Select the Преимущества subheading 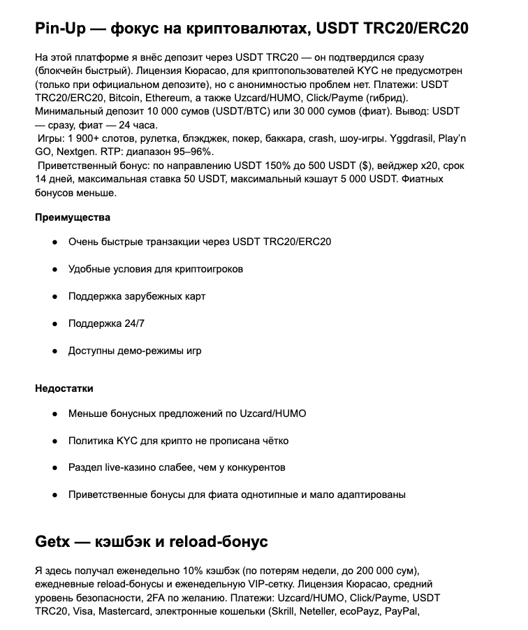coord(73,217)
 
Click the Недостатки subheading coord(64,388)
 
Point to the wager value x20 coord(412,166)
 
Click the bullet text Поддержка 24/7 coord(106,323)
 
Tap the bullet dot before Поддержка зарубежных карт coord(54,296)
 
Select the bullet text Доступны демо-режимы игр coord(135,351)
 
